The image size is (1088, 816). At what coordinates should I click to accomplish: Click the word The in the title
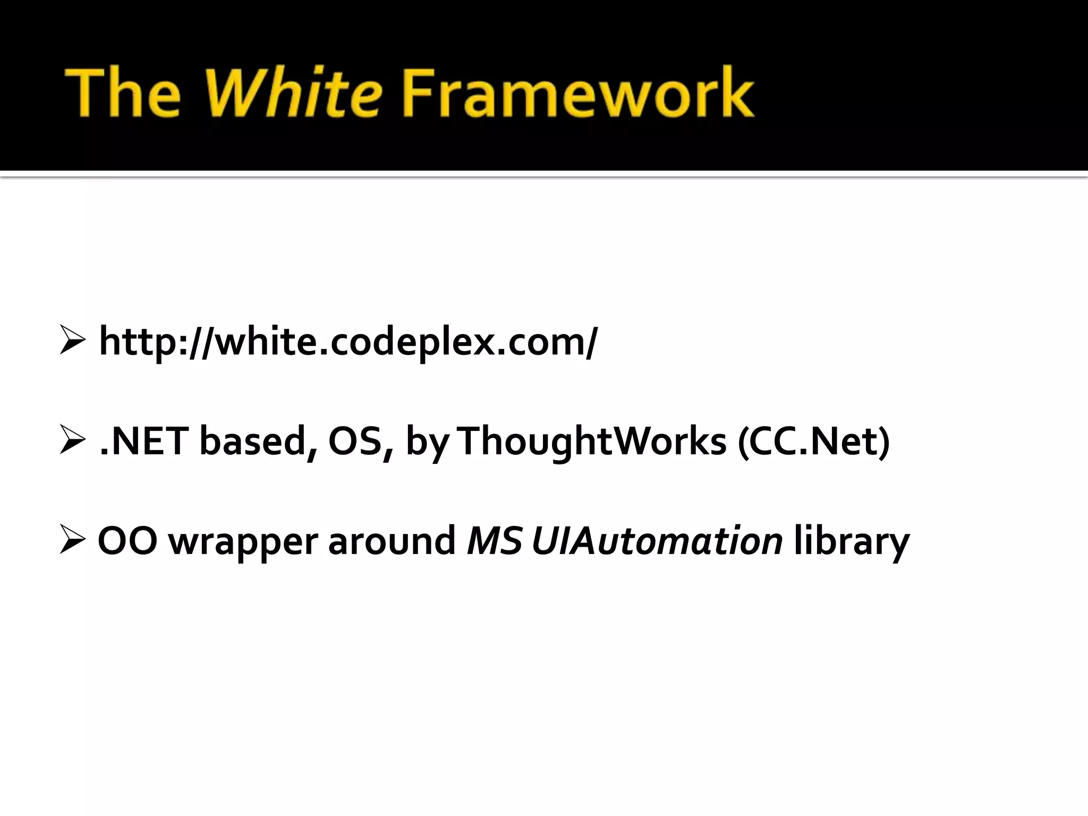click(x=123, y=92)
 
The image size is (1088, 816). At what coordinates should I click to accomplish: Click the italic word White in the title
click(x=297, y=92)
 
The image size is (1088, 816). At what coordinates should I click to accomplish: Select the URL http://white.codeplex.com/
click(x=348, y=342)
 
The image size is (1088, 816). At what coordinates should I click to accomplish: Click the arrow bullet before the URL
click(x=72, y=341)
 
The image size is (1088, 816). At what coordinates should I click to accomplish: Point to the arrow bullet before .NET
click(x=72, y=440)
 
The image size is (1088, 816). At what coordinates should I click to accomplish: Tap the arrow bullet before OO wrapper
click(x=72, y=540)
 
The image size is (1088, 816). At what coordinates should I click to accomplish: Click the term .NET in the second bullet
click(x=143, y=441)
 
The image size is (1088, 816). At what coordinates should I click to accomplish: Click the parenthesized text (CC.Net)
click(x=813, y=441)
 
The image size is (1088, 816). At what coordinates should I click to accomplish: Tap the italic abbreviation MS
click(x=494, y=541)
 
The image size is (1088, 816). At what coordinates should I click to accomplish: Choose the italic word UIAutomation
click(x=657, y=541)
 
